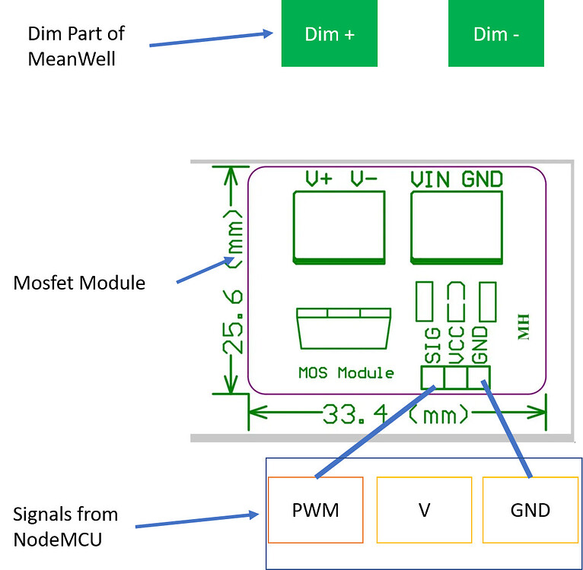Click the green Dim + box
[329, 33]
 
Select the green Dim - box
[495, 33]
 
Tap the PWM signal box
[315, 510]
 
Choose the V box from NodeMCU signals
[424, 510]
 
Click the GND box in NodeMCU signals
[530, 510]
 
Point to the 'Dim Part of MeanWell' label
[75, 46]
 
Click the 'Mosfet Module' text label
[79, 283]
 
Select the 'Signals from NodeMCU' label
[65, 527]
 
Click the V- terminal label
[365, 179]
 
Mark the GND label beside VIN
[482, 179]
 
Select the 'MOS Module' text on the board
[346, 373]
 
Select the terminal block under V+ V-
[338, 227]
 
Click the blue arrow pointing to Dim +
[211, 40]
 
